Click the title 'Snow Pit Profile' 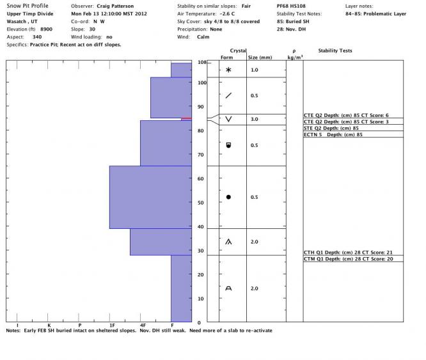coord(23,5)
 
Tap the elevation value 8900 coord(47,29)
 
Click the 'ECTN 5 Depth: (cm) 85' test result coord(334,134)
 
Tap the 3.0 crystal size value coord(254,120)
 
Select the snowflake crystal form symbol coord(228,69)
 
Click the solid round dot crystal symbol coord(228,197)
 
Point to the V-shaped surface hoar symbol coord(228,120)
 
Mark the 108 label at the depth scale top coord(203,63)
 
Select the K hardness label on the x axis coord(49,325)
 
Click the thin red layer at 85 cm coord(186,118)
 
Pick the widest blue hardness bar coord(150,197)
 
